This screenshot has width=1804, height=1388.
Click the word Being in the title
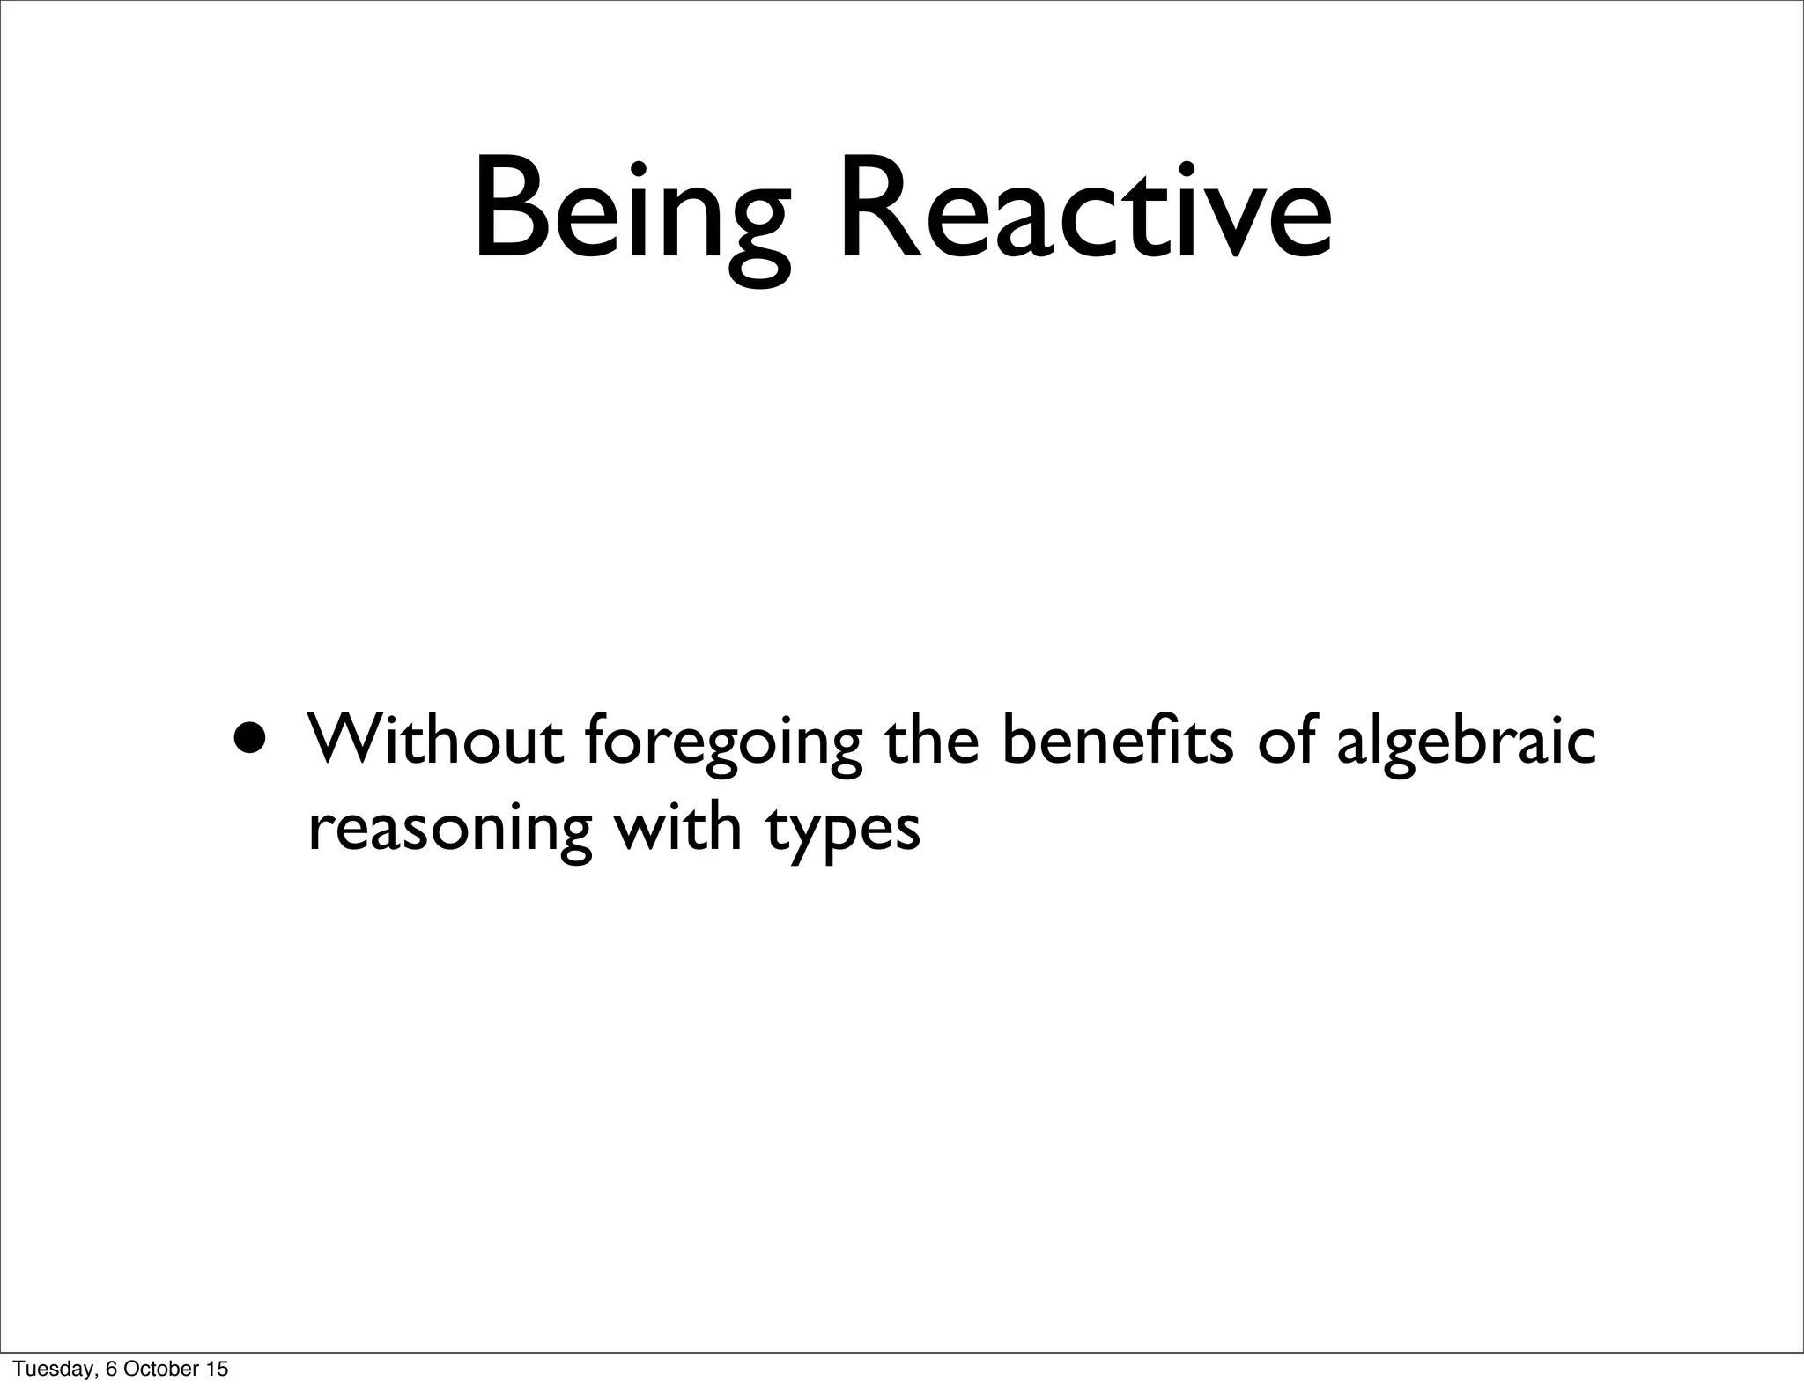(631, 216)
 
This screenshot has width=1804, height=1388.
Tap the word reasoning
(449, 831)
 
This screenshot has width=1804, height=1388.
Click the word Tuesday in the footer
(53, 1368)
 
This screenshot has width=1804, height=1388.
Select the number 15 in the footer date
(217, 1368)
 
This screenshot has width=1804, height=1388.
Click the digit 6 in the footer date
(111, 1368)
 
